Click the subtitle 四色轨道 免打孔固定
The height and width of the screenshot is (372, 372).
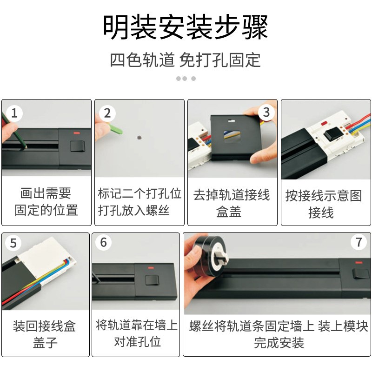tap(186, 60)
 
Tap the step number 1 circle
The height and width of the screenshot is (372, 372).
tap(14, 113)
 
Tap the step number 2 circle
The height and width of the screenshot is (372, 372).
tap(107, 113)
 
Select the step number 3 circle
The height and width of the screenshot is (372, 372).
tap(266, 113)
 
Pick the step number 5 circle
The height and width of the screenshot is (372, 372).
tap(13, 243)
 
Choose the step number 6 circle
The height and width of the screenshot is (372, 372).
tap(103, 243)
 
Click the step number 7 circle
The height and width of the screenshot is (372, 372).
tap(358, 242)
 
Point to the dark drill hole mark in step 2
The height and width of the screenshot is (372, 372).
tap(139, 137)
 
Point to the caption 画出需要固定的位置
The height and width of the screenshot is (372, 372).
tap(46, 201)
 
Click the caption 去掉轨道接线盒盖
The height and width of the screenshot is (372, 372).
tap(232, 203)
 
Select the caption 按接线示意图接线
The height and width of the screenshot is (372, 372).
tap(324, 204)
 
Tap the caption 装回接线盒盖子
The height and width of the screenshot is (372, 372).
tap(45, 334)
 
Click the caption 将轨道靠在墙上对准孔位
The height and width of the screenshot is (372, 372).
tap(137, 333)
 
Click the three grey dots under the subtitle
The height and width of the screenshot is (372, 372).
tap(186, 79)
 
